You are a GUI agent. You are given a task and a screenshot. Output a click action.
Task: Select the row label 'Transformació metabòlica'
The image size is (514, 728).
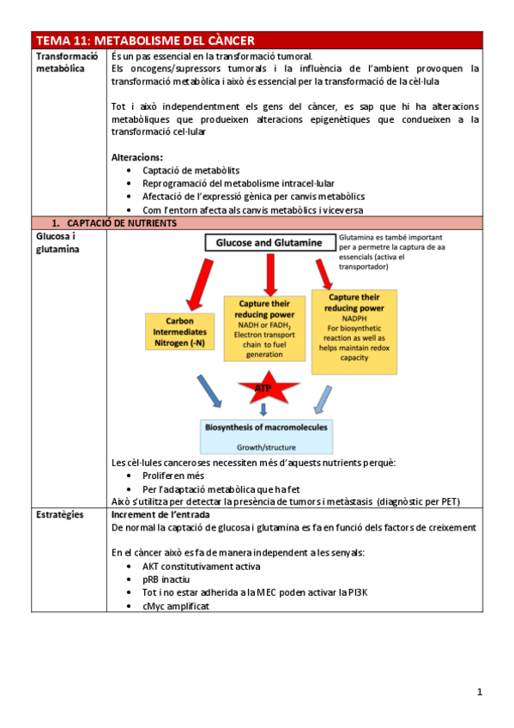[x=61, y=62]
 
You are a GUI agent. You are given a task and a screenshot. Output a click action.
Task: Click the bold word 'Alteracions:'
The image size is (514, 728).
[x=137, y=157]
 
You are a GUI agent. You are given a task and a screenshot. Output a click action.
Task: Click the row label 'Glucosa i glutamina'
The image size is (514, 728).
[x=57, y=242]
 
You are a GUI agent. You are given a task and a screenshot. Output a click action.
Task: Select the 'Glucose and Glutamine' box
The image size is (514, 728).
[x=269, y=243]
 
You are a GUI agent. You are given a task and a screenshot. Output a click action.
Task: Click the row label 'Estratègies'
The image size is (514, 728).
[x=59, y=514]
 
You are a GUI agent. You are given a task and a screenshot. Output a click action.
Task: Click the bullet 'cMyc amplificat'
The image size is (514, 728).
[x=176, y=605]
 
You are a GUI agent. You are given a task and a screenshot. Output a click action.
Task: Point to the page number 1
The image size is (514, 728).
[x=480, y=691]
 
